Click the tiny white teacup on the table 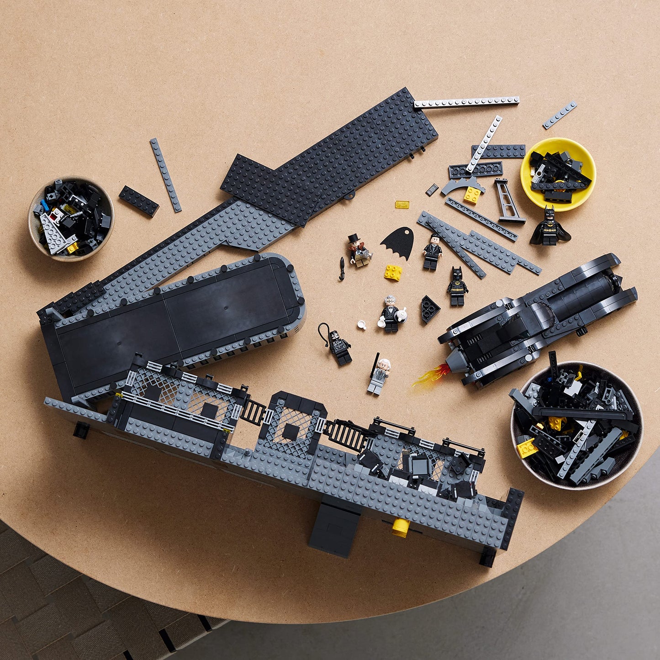point(362,325)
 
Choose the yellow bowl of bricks point(558,174)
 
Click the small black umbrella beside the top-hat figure point(341,269)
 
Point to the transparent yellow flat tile point(402,204)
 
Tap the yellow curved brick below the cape point(393,272)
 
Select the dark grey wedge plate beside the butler point(430,309)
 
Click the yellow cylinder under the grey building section point(401,527)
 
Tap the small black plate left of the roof point(139,201)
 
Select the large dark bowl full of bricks point(577,425)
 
